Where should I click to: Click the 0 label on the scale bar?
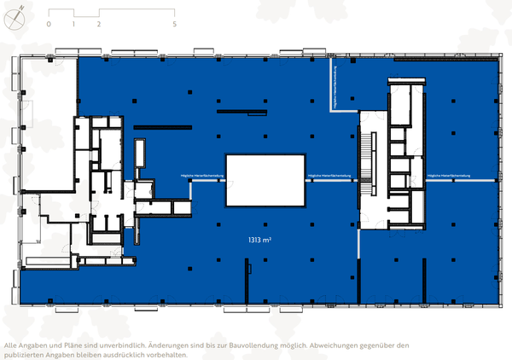(49, 24)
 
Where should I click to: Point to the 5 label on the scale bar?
(174, 24)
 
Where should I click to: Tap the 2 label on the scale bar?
(99, 24)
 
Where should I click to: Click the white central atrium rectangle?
(265, 180)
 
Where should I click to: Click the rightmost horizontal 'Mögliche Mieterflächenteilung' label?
(449, 176)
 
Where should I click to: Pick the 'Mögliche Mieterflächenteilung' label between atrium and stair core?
(329, 176)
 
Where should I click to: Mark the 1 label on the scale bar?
(74, 24)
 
